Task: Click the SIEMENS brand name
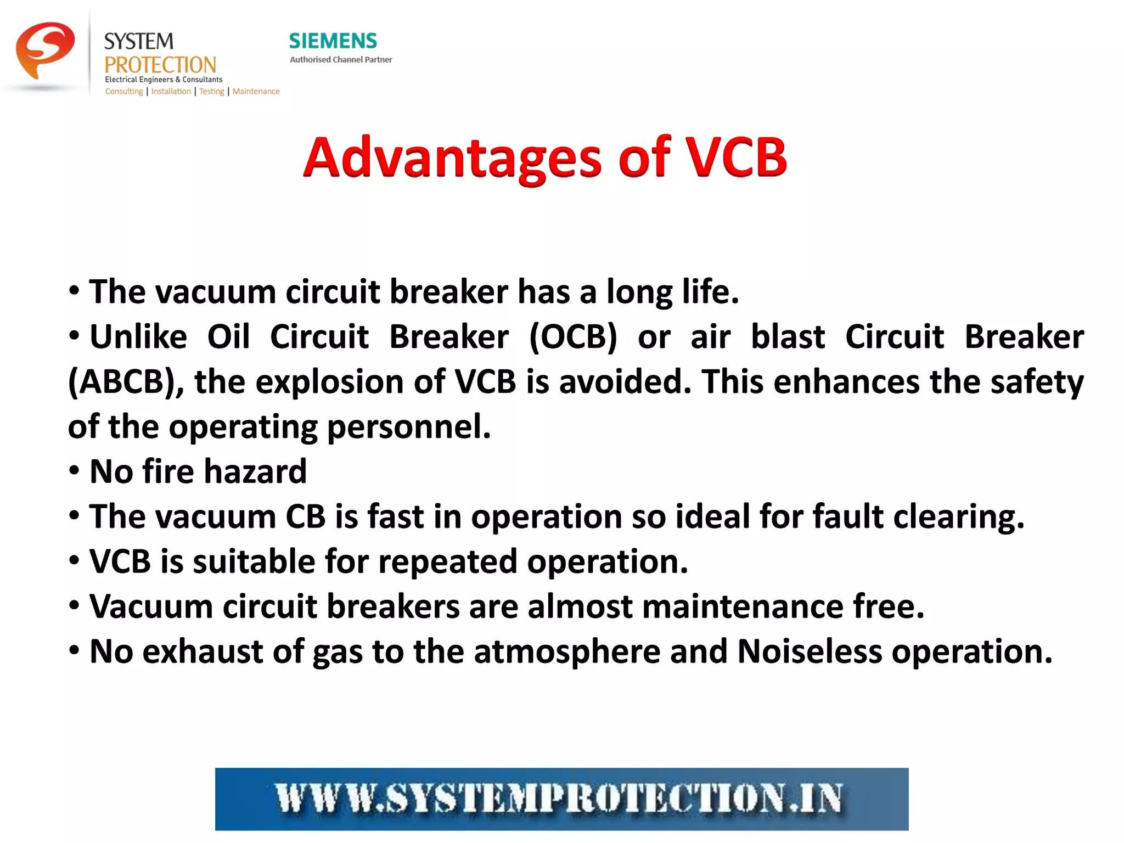tap(333, 41)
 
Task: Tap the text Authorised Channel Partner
tap(341, 59)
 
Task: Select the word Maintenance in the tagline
tap(256, 91)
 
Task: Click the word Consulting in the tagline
tap(123, 91)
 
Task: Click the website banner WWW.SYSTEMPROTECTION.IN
tap(561, 799)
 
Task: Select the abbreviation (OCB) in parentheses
tap(573, 336)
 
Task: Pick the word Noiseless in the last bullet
tap(809, 651)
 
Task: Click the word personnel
tap(408, 426)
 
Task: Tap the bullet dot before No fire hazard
tap(74, 471)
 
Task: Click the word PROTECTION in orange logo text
tap(160, 65)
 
